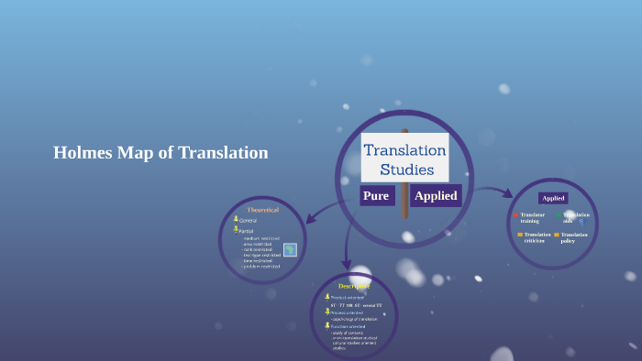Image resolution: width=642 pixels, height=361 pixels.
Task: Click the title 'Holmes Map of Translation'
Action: (x=160, y=153)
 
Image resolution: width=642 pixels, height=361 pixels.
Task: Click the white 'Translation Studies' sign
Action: (x=404, y=157)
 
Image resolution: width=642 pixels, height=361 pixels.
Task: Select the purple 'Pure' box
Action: (x=376, y=195)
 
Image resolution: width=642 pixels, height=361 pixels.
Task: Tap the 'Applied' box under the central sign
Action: (x=435, y=195)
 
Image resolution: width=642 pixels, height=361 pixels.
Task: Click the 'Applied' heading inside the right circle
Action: (x=553, y=198)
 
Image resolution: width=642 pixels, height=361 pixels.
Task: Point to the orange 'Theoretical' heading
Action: (x=262, y=210)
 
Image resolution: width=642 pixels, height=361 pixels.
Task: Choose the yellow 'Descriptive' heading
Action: (x=354, y=286)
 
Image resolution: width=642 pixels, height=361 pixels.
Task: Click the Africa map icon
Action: (x=290, y=249)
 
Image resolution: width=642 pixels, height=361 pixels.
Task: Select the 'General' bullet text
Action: (x=249, y=221)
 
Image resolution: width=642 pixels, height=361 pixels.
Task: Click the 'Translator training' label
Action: (x=532, y=217)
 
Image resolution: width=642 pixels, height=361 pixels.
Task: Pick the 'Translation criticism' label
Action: (x=537, y=237)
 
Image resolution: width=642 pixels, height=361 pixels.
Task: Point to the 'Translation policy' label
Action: (x=574, y=237)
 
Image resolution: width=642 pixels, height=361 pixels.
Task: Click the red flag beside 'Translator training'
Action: (x=515, y=215)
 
